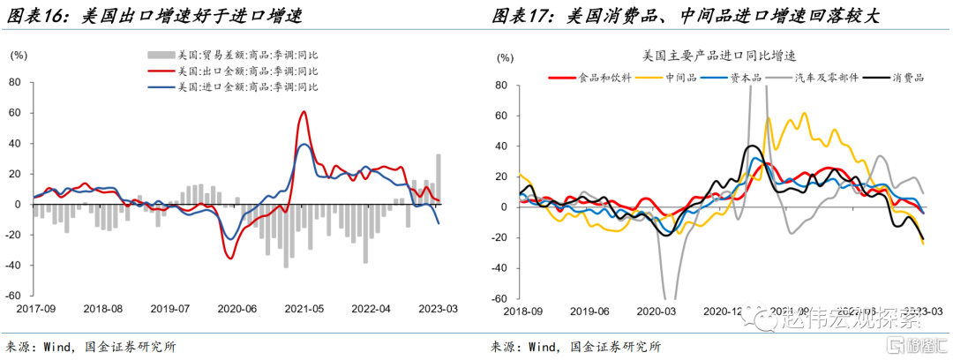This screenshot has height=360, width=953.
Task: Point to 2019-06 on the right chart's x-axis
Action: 590,311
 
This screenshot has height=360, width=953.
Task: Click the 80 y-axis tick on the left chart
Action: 14,83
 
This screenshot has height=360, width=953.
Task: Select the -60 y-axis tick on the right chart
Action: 501,297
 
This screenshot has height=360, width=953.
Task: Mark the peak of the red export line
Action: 304,112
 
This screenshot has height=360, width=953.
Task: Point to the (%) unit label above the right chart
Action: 505,56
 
